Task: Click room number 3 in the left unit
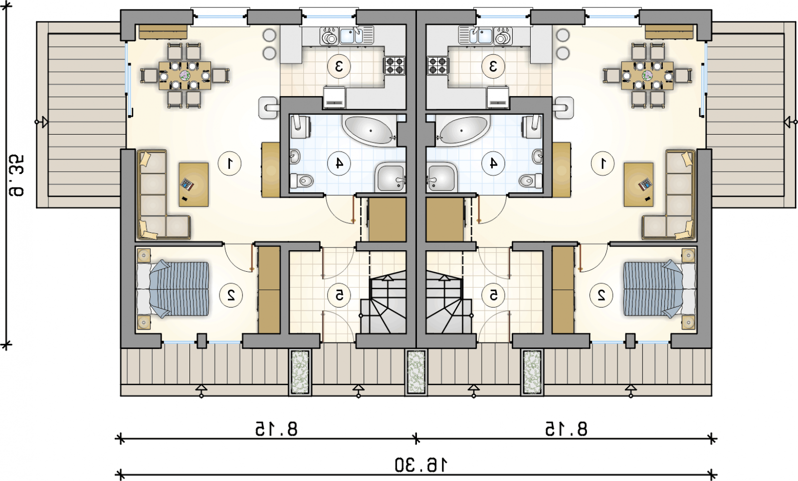(x=339, y=66)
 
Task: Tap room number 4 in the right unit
(x=493, y=163)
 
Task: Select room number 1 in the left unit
(x=229, y=163)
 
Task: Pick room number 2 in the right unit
(x=601, y=295)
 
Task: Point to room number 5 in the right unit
(x=493, y=295)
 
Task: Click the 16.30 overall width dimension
(x=421, y=465)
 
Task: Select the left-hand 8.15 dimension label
(x=276, y=429)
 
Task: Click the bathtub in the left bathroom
(x=370, y=130)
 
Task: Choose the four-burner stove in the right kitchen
(x=437, y=66)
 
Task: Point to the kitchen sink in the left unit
(x=351, y=35)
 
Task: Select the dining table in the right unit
(x=647, y=75)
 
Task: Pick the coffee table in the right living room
(x=638, y=184)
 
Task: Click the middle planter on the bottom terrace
(x=416, y=372)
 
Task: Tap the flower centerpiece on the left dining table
(x=185, y=75)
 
